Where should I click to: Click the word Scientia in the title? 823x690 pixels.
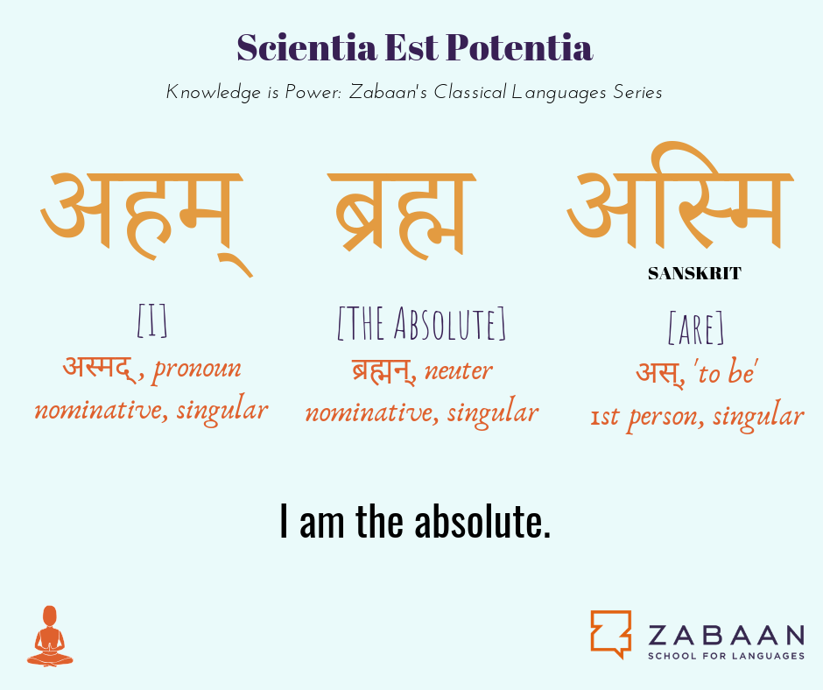(306, 47)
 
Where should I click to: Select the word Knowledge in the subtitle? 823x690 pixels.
(214, 93)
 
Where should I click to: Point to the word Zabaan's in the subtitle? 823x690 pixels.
(389, 92)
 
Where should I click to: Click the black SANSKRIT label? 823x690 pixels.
(694, 273)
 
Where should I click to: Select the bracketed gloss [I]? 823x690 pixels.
(152, 320)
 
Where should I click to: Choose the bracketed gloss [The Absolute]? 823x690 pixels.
(421, 323)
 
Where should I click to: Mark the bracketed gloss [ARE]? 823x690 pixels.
(696, 328)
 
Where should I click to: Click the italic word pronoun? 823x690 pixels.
(197, 369)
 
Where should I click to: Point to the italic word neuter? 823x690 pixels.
(458, 370)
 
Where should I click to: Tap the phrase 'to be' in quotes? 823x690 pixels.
(727, 373)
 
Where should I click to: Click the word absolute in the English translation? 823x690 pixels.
(483, 521)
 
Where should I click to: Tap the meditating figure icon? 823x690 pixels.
(50, 636)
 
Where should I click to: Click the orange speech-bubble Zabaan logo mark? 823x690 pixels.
(611, 634)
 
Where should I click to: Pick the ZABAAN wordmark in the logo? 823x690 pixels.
(726, 635)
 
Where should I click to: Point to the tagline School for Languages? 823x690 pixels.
(726, 656)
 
